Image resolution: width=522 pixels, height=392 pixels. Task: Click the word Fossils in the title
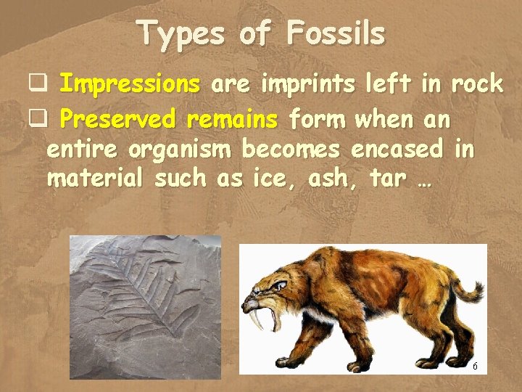[335, 33]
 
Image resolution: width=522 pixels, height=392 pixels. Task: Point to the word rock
[476, 85]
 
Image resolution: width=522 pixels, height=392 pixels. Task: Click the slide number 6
[475, 367]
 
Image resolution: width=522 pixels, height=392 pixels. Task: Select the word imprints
[308, 85]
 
